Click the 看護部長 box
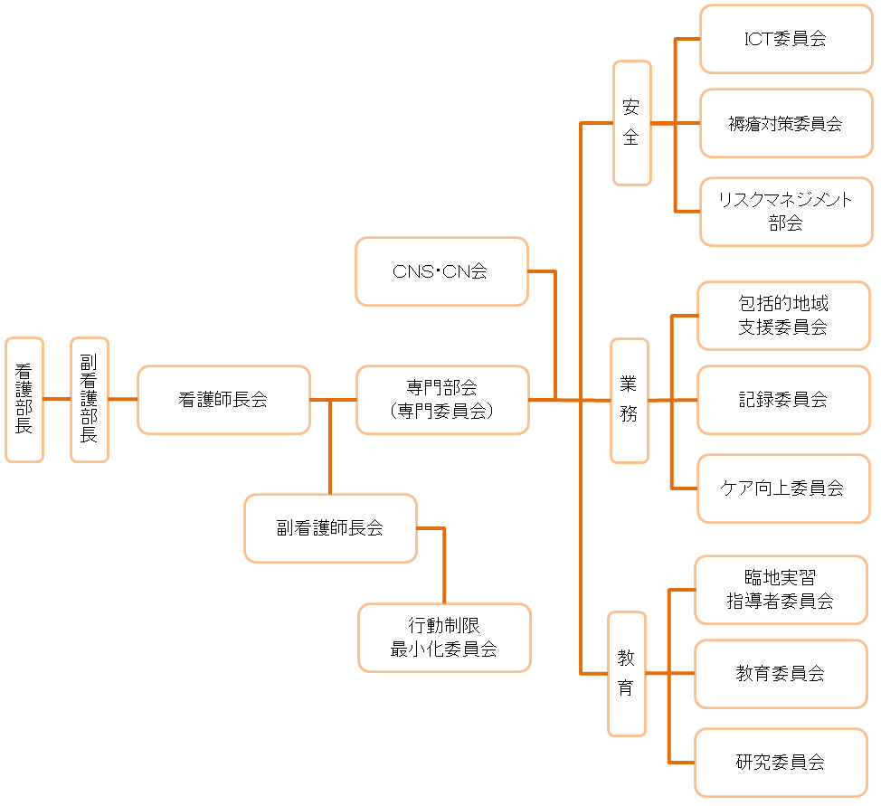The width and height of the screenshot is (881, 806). (24, 400)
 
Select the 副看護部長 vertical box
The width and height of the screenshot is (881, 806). (90, 400)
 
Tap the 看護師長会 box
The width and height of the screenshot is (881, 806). (223, 400)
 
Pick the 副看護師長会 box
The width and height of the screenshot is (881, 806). (330, 527)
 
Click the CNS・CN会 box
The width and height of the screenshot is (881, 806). (441, 271)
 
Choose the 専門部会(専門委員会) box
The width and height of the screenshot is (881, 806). (442, 400)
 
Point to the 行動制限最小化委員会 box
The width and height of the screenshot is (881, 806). (444, 638)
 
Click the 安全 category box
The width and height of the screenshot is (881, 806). (632, 122)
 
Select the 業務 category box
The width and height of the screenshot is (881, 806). (630, 400)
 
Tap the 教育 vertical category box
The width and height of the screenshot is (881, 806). (627, 673)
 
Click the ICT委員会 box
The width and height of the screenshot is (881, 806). (786, 39)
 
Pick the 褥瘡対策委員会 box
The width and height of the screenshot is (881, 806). (786, 122)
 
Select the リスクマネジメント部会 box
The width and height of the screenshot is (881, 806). (786, 212)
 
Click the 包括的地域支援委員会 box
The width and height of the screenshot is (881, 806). (783, 316)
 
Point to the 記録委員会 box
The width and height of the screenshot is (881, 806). (783, 400)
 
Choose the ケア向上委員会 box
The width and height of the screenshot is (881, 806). (783, 488)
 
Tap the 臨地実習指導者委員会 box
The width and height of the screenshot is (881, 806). (781, 590)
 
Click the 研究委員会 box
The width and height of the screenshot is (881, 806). (781, 763)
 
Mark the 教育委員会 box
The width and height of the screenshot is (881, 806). (781, 673)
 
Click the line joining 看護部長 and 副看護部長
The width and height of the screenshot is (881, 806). (57, 399)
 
